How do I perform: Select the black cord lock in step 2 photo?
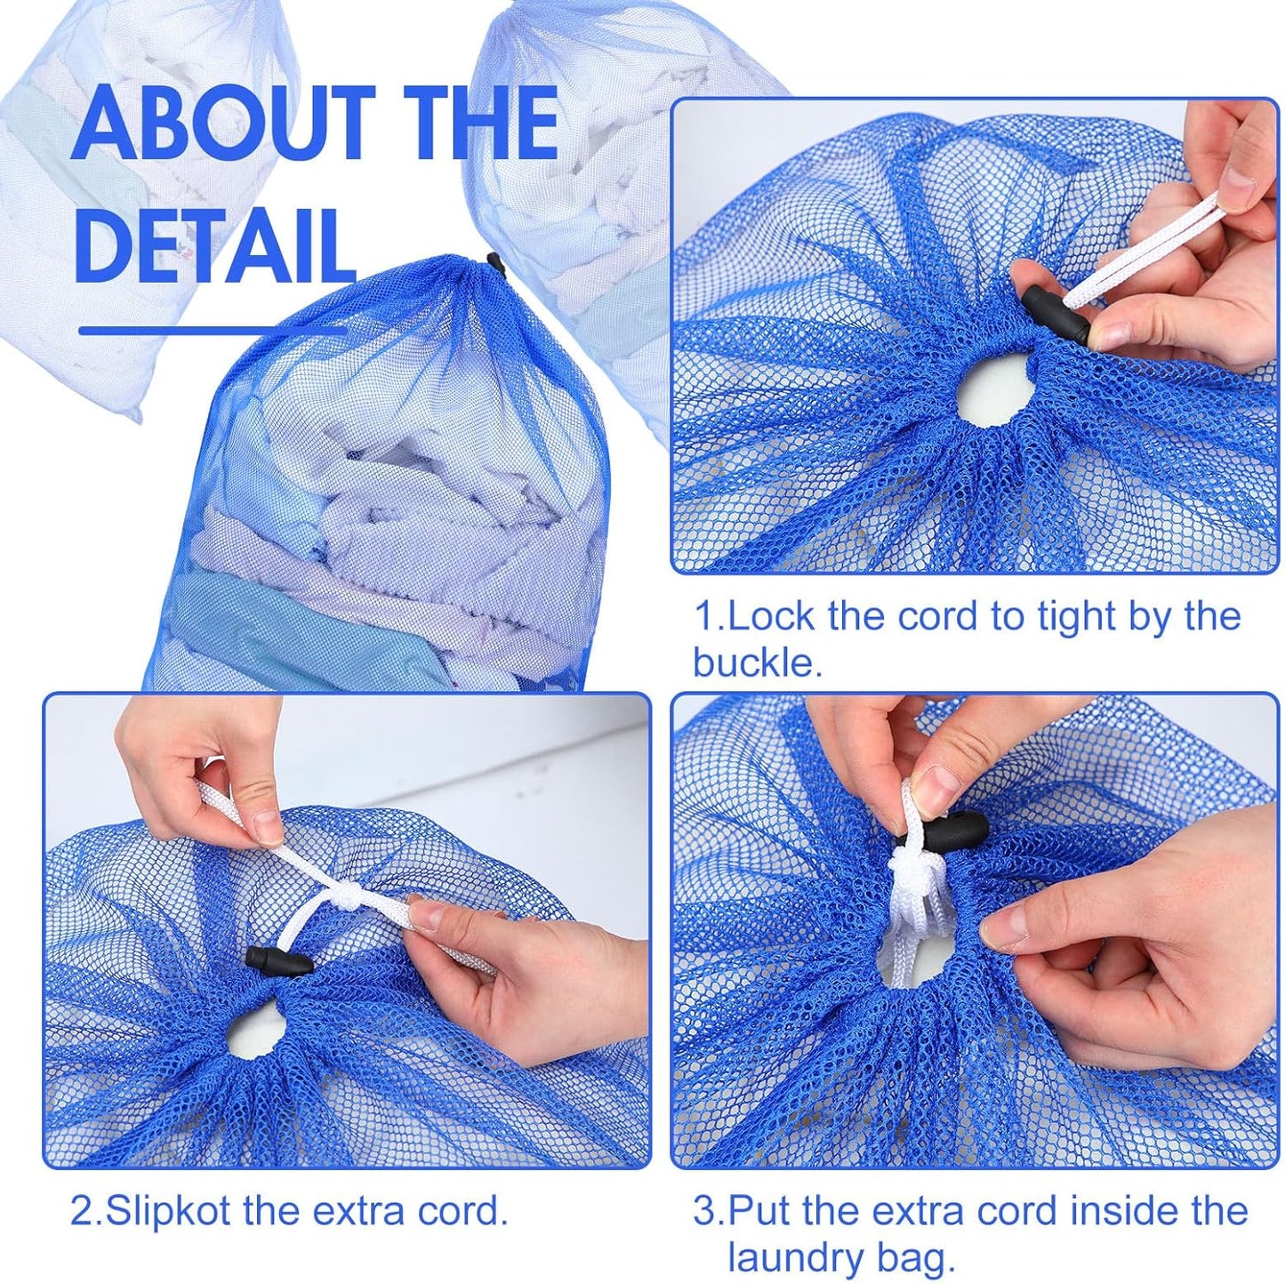click(x=279, y=962)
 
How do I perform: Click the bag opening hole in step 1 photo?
click(x=995, y=389)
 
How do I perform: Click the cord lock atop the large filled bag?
click(x=495, y=263)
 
